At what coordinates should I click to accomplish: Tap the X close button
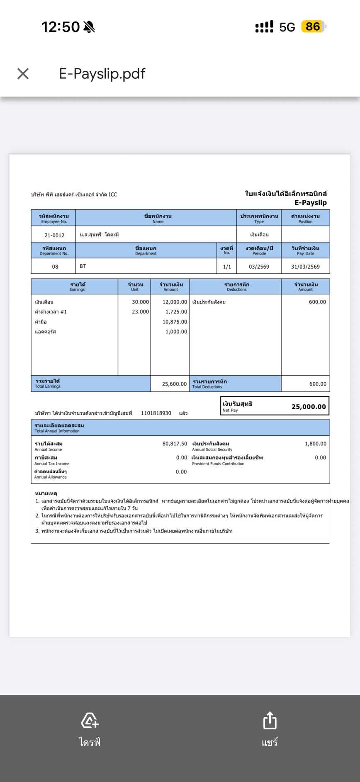[x=23, y=74]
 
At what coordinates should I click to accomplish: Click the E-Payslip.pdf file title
[x=102, y=74]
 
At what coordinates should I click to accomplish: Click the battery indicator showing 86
[x=313, y=27]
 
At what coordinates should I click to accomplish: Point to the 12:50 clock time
[x=61, y=27]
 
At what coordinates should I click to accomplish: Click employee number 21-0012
[x=54, y=235]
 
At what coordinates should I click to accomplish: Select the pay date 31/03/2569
[x=305, y=267]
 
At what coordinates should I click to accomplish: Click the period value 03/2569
[x=259, y=267]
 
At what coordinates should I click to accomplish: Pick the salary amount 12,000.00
[x=175, y=302]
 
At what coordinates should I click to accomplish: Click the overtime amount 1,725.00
[x=176, y=312]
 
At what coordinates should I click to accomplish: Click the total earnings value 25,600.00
[x=174, y=384]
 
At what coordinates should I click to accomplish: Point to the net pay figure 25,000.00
[x=309, y=407]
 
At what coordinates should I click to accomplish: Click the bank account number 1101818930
[x=156, y=413]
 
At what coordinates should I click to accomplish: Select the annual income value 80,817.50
[x=175, y=444]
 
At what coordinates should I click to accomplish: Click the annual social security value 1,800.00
[x=315, y=444]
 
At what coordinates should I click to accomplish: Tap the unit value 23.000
[x=140, y=312]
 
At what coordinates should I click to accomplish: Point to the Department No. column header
[x=54, y=250]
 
